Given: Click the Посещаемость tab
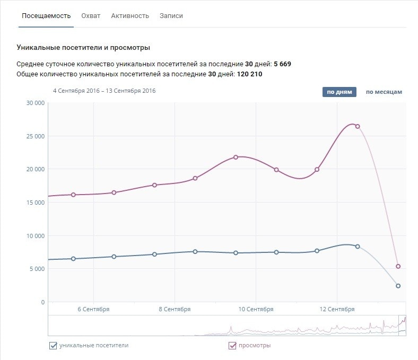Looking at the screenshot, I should tap(46, 16).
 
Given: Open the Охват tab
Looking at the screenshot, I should tap(91, 16).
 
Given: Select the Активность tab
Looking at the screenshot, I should tap(130, 16).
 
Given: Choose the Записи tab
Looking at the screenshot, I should tap(171, 16).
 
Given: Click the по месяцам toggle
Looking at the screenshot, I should tap(384, 92).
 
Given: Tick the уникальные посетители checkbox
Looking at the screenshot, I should tap(53, 346).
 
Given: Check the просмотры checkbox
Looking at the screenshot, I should tap(232, 346).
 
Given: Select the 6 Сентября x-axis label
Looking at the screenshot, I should tap(93, 309).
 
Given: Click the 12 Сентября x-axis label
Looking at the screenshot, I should tap(338, 309).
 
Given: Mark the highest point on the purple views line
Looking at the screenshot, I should tap(358, 126).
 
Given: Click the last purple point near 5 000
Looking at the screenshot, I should tap(398, 267).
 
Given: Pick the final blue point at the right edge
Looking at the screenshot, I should tap(398, 286).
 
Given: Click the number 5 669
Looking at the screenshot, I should tap(282, 64).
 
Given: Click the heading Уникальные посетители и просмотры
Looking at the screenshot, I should tap(83, 48).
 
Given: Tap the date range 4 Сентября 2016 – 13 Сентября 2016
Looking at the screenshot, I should tap(104, 91).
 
